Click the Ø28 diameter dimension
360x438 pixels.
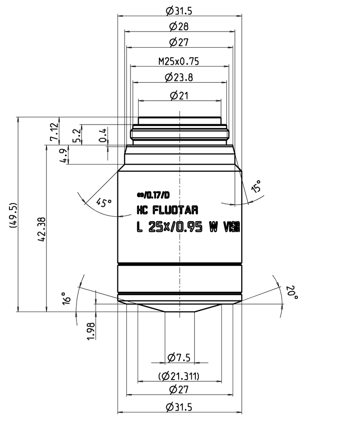tap(179, 27)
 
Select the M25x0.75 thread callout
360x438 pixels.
tap(179, 60)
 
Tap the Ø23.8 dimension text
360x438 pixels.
tap(179, 77)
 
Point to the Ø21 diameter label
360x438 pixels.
tap(179, 95)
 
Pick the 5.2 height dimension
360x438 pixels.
tap(77, 134)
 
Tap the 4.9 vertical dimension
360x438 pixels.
tap(64, 155)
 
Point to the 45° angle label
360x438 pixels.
tap(104, 202)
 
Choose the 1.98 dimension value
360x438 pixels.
tap(92, 331)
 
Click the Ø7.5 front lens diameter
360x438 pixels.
tap(179, 358)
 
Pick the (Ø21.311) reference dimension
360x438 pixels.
tap(179, 376)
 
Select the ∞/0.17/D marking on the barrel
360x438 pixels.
tap(153, 195)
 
